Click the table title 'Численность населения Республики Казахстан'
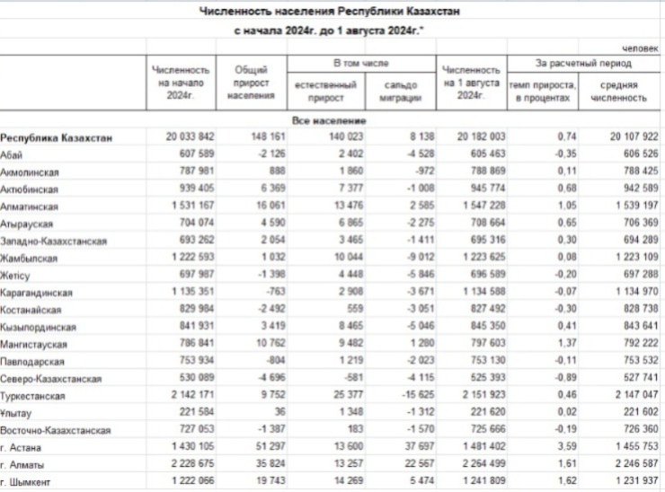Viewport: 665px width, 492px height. pyautogui.click(x=332, y=11)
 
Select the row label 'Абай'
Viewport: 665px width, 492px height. pyautogui.click(x=12, y=154)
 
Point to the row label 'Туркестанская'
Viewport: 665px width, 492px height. pyautogui.click(x=32, y=395)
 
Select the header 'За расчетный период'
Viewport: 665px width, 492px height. pyautogui.click(x=584, y=65)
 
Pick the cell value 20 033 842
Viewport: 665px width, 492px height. pyautogui.click(x=190, y=137)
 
